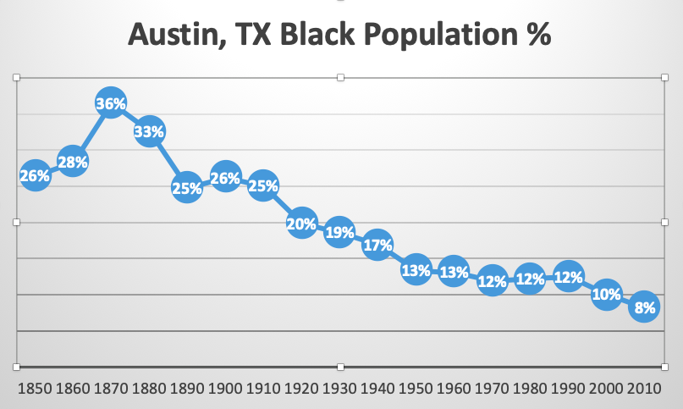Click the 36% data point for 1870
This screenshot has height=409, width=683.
111,104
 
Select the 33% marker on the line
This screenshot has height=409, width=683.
149,132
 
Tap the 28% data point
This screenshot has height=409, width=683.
73,161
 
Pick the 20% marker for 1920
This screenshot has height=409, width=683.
302,224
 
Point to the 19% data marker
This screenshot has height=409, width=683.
339,232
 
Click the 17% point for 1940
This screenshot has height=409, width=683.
377,246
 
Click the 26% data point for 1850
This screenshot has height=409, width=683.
35,175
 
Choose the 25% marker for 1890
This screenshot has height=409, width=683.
187,188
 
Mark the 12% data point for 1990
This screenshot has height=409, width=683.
569,277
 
